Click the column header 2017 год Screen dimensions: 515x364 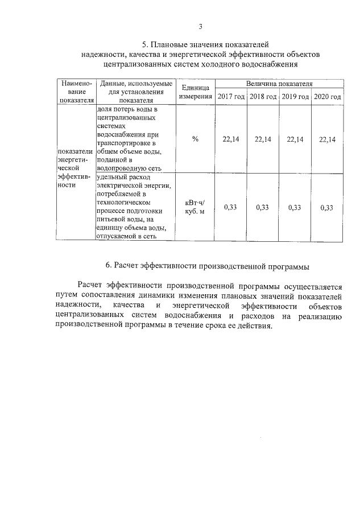click(231, 97)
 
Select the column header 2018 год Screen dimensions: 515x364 click(263, 97)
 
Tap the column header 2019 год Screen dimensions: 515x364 click(295, 97)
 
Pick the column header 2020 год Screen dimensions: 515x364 click(328, 97)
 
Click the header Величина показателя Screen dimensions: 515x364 click(279, 84)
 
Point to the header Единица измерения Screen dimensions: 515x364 click(195, 92)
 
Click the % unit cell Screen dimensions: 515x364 click(195, 139)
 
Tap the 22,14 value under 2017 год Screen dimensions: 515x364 click(231, 139)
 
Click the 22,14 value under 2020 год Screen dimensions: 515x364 click(328, 139)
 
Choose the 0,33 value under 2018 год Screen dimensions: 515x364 click(263, 208)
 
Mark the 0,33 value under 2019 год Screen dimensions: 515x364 click(295, 208)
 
